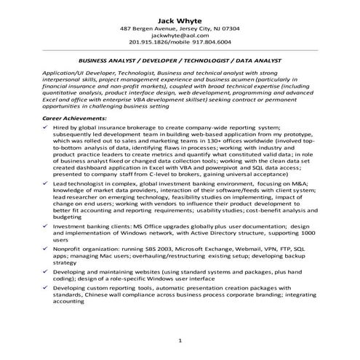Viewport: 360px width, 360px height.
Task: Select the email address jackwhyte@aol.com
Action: [x=180, y=35]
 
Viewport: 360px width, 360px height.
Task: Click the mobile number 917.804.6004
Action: [x=212, y=42]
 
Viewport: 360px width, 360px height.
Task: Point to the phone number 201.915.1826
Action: [x=148, y=42]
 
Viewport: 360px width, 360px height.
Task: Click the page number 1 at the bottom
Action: [x=180, y=340]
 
